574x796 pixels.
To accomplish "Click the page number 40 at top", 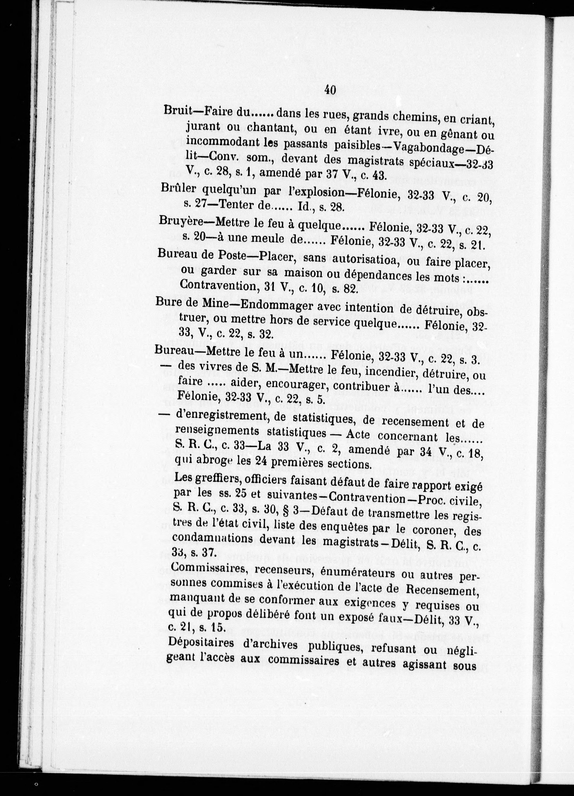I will pos(330,90).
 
